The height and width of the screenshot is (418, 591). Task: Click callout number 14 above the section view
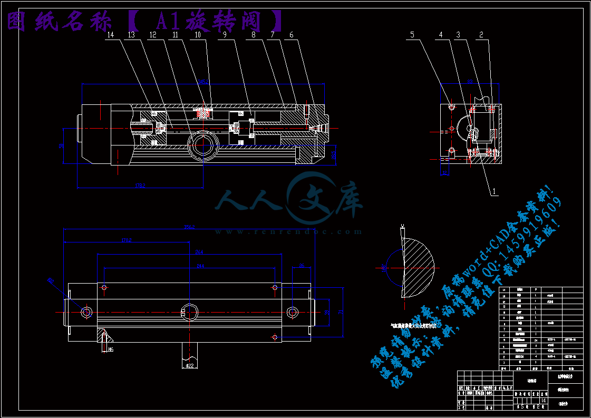coord(110,35)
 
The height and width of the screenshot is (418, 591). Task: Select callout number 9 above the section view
coord(224,35)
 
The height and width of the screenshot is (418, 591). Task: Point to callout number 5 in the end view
coord(413,35)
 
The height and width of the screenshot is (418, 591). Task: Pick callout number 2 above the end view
coord(481,35)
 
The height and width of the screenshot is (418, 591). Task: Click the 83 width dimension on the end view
coord(470,82)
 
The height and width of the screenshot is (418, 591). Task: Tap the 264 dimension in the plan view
coord(199,251)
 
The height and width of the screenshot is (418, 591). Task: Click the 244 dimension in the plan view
coord(200,266)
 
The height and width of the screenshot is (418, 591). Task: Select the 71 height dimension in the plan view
coord(341,313)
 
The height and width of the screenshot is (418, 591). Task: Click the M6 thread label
coord(111,349)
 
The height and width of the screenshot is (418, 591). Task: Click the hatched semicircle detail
coord(417,260)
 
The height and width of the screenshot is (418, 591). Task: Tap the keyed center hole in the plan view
coord(189,312)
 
